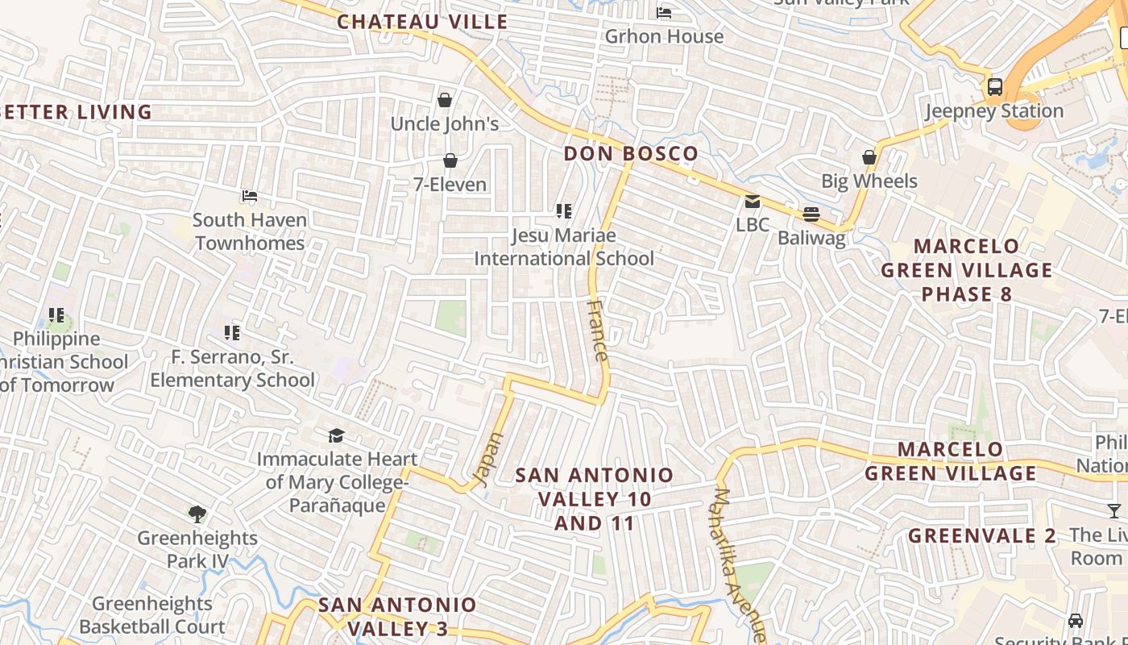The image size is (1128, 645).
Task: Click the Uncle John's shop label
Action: pyautogui.click(x=445, y=124)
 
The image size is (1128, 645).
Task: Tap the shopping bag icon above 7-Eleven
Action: pyautogui.click(x=450, y=161)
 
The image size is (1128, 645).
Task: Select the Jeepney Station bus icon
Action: pyautogui.click(x=995, y=87)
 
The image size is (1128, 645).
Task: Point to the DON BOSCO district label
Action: pyautogui.click(x=631, y=154)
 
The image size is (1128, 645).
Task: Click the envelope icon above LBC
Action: pyautogui.click(x=753, y=202)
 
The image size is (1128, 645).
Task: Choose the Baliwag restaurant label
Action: pyautogui.click(x=811, y=238)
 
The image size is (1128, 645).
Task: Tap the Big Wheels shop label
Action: pyautogui.click(x=869, y=181)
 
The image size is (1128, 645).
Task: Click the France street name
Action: pyautogui.click(x=598, y=331)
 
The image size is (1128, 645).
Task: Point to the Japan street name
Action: pyautogui.click(x=488, y=460)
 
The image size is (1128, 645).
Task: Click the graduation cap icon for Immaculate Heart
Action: pyautogui.click(x=336, y=436)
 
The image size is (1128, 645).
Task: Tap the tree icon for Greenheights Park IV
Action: pyautogui.click(x=197, y=514)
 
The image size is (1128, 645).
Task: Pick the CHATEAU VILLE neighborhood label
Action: pyautogui.click(x=422, y=22)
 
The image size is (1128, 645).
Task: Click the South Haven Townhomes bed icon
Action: pyautogui.click(x=250, y=196)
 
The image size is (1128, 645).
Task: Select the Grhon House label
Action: pyautogui.click(x=664, y=36)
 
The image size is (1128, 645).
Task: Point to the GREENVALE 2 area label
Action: pyautogui.click(x=981, y=536)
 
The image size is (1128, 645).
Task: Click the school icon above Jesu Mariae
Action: pyautogui.click(x=564, y=211)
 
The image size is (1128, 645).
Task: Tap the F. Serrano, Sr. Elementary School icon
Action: pyautogui.click(x=232, y=332)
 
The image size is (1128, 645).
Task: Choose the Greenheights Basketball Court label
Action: pyautogui.click(x=152, y=615)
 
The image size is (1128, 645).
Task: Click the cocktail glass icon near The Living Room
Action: pyautogui.click(x=1113, y=510)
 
